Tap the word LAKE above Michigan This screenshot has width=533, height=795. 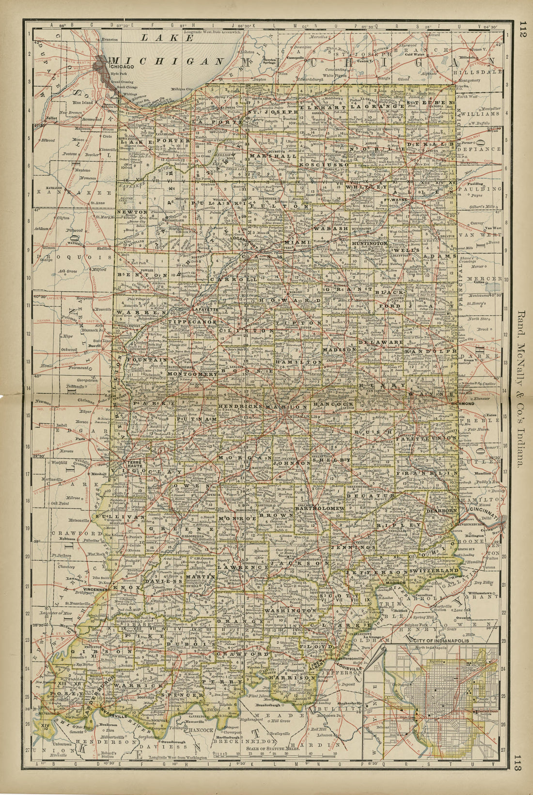pyautogui.click(x=160, y=38)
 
